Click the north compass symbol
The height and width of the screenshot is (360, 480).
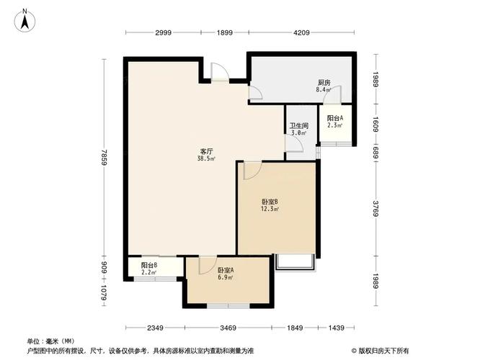tap(25, 20)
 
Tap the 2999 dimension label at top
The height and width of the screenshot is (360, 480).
tap(163, 32)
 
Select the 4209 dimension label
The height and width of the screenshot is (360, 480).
tap(301, 32)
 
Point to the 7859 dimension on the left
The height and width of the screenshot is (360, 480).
tap(104, 157)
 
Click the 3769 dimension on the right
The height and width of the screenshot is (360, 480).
tap(376, 208)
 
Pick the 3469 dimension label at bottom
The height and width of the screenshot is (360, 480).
tap(228, 328)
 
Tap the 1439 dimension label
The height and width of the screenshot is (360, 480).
tap(336, 328)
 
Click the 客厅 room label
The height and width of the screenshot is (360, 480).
tap(206, 151)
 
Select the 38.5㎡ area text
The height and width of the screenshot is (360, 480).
tap(206, 158)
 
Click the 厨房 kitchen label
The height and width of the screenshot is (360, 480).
tap(324, 83)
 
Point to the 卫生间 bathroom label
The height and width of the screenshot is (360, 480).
tap(299, 126)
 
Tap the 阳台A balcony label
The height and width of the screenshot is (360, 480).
tap(335, 118)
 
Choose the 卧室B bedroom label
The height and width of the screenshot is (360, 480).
tap(270, 202)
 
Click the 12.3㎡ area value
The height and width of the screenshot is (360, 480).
tap(270, 210)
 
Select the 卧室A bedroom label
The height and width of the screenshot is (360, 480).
tap(226, 271)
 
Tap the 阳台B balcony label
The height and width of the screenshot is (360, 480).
tap(149, 265)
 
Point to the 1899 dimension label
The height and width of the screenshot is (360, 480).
tap(225, 32)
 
